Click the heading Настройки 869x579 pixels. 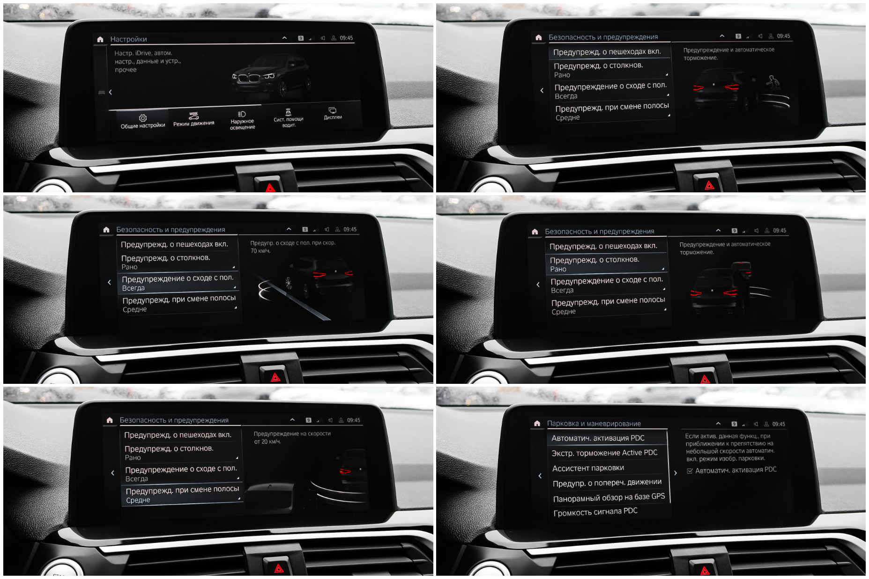tap(128, 39)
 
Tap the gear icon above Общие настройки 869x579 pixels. tap(143, 118)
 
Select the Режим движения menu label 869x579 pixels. tap(193, 124)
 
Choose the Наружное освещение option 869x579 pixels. tap(242, 124)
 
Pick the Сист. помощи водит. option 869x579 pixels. tap(289, 122)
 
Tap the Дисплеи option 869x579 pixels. tap(333, 117)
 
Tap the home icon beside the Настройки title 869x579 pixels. tap(100, 39)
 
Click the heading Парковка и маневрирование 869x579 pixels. tap(594, 424)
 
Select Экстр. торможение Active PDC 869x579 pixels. tap(604, 453)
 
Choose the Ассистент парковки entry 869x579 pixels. tap(588, 468)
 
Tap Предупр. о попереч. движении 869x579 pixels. tap(607, 483)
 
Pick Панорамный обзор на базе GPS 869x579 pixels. tap(609, 498)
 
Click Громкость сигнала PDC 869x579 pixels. tap(595, 512)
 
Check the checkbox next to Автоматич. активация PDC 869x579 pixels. tap(690, 471)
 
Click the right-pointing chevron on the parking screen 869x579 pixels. tap(675, 473)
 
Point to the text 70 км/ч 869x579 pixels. tap(260, 251)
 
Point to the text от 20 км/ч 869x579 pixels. tap(267, 441)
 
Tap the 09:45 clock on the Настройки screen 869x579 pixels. tap(346, 38)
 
